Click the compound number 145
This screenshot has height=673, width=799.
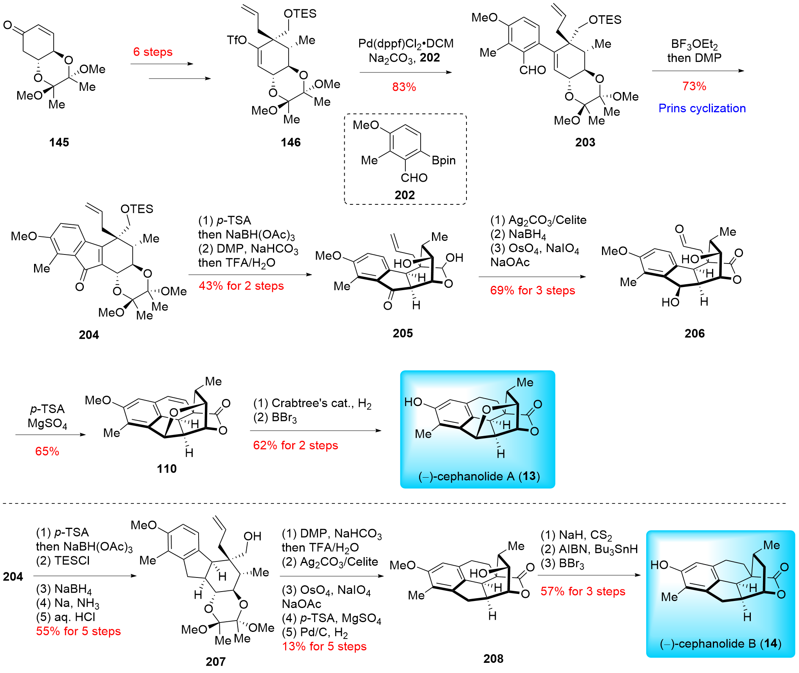pos(59,142)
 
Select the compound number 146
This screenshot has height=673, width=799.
pos(291,142)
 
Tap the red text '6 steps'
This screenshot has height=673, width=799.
pos(153,52)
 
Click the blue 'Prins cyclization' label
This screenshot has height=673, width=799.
pos(702,108)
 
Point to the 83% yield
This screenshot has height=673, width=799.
pos(404,87)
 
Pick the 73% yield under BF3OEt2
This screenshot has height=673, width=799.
pos(694,86)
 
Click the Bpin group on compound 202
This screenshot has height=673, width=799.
pos(443,160)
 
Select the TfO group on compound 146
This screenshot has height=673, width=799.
pos(237,40)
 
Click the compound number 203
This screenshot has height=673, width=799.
pos(585,142)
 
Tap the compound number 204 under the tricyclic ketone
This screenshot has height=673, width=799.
pos(89,335)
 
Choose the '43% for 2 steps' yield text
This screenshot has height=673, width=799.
pos(241,286)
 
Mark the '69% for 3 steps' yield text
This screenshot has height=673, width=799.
pos(532,290)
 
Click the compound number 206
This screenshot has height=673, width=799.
pos(694,334)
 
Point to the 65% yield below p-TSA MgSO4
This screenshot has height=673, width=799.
pos(47,451)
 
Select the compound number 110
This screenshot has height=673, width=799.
pos(167,469)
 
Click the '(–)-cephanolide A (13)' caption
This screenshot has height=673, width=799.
pos(479,476)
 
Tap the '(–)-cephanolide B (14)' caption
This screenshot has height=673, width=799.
pos(721,644)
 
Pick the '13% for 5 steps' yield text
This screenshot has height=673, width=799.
pos(324,646)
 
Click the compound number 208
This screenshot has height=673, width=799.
pos(493,659)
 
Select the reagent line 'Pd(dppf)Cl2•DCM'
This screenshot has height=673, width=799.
pos(406,43)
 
